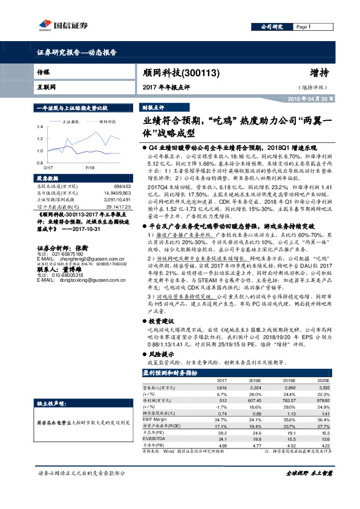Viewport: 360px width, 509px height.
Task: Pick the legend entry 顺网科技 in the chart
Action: [x=106, y=122]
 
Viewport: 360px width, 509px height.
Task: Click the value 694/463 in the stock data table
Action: [x=122, y=187]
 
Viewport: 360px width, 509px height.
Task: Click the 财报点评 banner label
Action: [x=153, y=106]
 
